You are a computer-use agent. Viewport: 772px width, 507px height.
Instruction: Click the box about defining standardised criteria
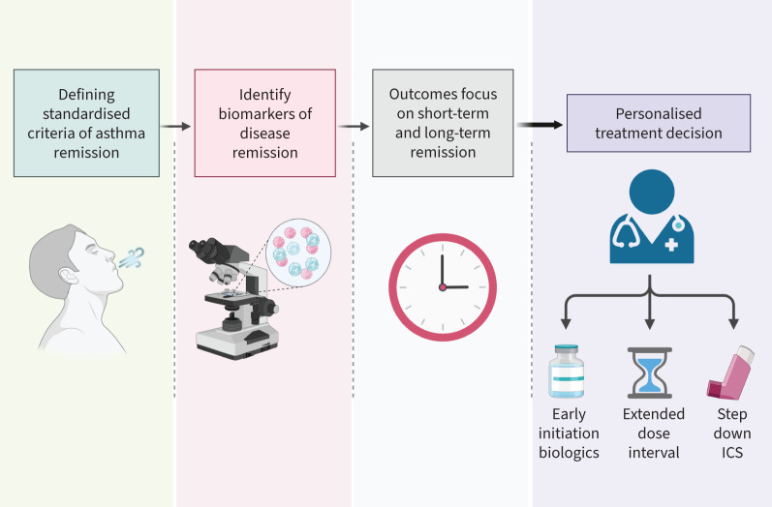pos(86,123)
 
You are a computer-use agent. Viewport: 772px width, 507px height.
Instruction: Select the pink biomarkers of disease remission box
pos(264,123)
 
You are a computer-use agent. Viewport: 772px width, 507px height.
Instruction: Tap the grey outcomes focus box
pos(443,123)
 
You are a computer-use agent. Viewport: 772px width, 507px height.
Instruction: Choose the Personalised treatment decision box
pos(659,123)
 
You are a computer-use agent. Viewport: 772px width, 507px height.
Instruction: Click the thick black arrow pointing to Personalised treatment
pos(540,125)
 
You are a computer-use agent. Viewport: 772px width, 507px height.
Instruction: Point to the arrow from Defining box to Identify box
pos(175,127)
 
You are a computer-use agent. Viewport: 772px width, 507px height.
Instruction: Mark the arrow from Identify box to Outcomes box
pos(354,127)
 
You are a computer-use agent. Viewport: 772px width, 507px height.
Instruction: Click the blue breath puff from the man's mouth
pos(132,257)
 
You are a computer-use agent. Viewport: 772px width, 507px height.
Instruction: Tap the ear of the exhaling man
pos(67,276)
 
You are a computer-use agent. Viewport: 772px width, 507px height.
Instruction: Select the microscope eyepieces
pos(205,249)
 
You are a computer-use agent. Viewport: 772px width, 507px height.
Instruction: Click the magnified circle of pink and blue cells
pos(298,253)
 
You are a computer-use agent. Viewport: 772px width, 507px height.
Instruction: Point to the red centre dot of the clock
pos(442,287)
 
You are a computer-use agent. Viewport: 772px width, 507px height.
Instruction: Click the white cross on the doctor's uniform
pos(671,245)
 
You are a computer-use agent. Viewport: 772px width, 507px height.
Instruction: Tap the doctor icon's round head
pos(652,192)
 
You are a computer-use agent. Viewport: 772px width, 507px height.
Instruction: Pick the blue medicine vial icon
pos(567,372)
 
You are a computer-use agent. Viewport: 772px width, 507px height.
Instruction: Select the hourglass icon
pos(649,373)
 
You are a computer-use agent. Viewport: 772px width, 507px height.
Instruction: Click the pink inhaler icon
pos(730,373)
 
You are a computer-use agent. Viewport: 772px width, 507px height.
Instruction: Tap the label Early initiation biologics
pos(569,433)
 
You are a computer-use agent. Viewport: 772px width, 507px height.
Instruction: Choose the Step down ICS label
pos(732,433)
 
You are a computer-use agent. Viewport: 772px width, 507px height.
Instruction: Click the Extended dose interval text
pos(654,433)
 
